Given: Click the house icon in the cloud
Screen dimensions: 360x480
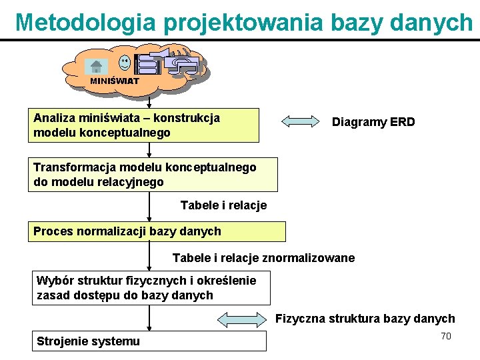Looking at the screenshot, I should point(96,66).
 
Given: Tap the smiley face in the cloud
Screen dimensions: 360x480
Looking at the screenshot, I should point(125,63).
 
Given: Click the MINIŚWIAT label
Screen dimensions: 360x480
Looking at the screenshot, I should point(115,81).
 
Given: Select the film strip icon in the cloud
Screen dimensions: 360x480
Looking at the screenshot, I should point(147,63).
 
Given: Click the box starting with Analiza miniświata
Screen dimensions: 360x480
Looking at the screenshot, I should point(143,125).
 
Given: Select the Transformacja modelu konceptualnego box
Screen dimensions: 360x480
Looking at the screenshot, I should point(153,175).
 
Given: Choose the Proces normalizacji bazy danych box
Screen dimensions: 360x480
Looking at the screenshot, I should point(157,231).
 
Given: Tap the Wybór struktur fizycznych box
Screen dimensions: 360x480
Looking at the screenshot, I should point(152,288).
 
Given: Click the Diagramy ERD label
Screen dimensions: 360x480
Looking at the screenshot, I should point(373,122).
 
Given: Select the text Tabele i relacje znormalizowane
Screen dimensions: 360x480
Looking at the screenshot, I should point(263,258).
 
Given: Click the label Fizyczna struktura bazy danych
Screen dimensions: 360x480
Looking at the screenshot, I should point(365,319).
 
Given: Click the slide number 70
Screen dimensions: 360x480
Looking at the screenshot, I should point(446,336).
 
